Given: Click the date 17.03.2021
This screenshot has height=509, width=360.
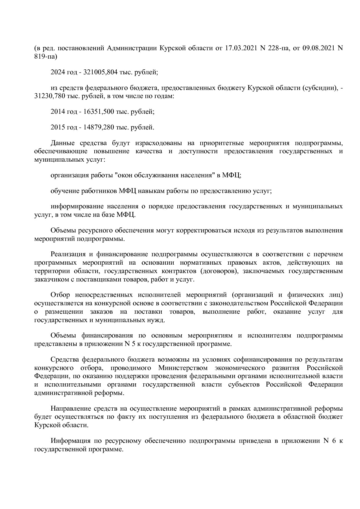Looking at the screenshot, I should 241,48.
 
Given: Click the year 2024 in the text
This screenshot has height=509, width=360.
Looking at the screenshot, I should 58,72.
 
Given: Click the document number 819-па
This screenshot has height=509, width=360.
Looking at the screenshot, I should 46,56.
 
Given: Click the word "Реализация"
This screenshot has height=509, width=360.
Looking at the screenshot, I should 68,255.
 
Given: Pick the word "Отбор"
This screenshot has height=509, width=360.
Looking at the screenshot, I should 60,295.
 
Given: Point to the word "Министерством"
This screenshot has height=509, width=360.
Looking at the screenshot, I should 183,368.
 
